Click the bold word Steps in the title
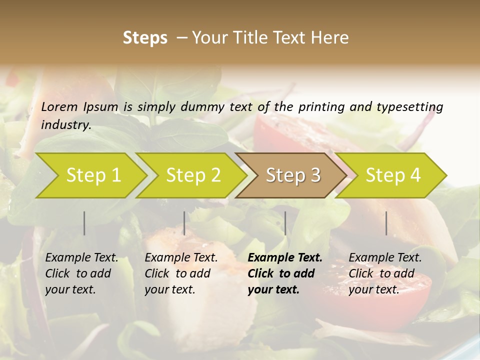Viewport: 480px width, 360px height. (145, 38)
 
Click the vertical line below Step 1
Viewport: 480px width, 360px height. (84, 223)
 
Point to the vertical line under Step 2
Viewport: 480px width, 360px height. (184, 223)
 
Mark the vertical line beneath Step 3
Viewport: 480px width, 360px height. (285, 223)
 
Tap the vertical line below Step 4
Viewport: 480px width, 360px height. (386, 223)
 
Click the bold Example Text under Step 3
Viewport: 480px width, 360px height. (285, 257)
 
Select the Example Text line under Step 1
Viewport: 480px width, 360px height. (81, 257)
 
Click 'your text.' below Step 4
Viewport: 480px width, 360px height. (373, 289)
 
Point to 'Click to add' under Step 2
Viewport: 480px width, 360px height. (177, 273)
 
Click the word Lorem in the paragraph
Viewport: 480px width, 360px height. (59, 106)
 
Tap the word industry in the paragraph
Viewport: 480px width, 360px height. (65, 124)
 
